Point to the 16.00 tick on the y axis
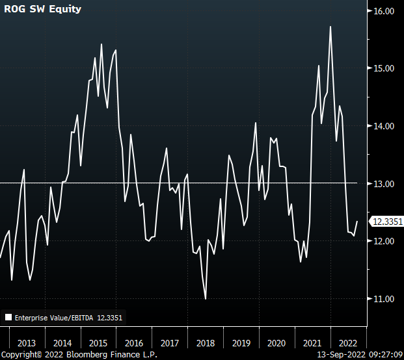pos(385,11)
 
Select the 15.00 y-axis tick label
pos(385,68)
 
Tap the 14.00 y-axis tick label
pos(385,126)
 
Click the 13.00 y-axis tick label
pos(385,184)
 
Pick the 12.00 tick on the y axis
pos(385,241)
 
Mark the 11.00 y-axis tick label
pos(385,299)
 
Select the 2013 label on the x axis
pos(27,343)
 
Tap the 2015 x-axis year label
pos(98,343)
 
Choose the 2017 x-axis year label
pos(170,343)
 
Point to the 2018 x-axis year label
pos(206,343)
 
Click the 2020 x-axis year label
pos(277,343)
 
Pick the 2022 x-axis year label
pos(349,343)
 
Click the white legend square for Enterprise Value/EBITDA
pos(8,318)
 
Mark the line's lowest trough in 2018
pos(206,299)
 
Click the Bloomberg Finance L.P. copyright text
pos(78,355)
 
